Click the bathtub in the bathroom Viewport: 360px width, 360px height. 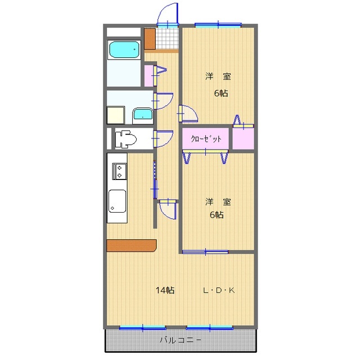(124, 50)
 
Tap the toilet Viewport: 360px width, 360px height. (125, 138)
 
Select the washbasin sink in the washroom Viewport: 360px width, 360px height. (143, 115)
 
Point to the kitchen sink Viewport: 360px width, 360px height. (117, 202)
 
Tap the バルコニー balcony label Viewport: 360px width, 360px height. (181, 340)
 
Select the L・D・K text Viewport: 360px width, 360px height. (219, 291)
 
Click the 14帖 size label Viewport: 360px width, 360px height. (165, 291)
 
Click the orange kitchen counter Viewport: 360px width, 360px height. (131, 245)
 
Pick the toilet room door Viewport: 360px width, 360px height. (164, 138)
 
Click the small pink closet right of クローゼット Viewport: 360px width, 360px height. (244, 138)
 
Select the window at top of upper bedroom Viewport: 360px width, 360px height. (218, 25)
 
